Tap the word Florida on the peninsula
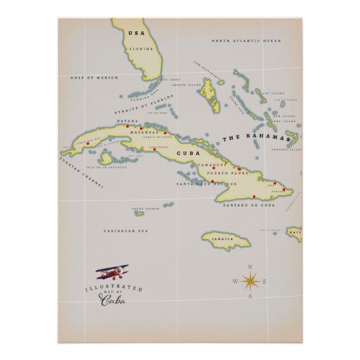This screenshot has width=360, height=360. (x=141, y=49)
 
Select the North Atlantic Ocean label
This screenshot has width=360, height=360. (x=245, y=41)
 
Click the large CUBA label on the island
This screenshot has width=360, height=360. (x=185, y=153)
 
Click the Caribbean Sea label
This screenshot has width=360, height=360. (x=126, y=231)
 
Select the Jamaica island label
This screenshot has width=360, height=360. (x=221, y=240)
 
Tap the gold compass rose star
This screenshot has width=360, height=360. (x=250, y=281)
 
